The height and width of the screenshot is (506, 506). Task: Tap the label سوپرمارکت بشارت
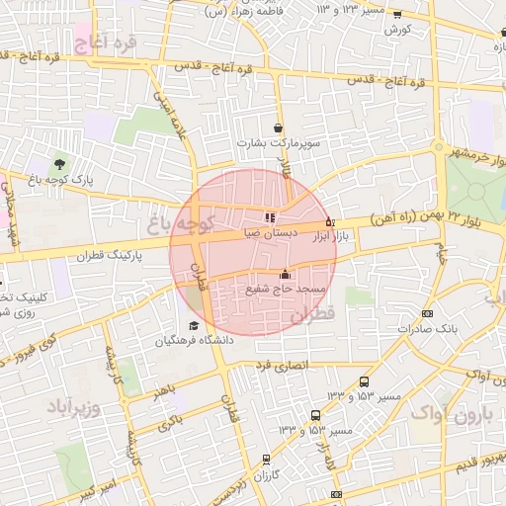tap(276, 143)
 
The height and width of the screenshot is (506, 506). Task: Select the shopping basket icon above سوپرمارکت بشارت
tap(279, 127)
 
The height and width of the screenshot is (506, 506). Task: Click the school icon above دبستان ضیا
tap(270, 217)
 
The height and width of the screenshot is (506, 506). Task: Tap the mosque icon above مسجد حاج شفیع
tap(286, 274)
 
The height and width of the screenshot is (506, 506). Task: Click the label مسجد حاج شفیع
tap(280, 290)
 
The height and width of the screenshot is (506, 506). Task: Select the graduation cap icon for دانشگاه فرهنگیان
tap(194, 326)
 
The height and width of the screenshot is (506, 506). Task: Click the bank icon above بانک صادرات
tap(427, 312)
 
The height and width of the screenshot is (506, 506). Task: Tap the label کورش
tap(398, 30)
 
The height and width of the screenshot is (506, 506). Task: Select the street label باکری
tap(170, 422)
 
